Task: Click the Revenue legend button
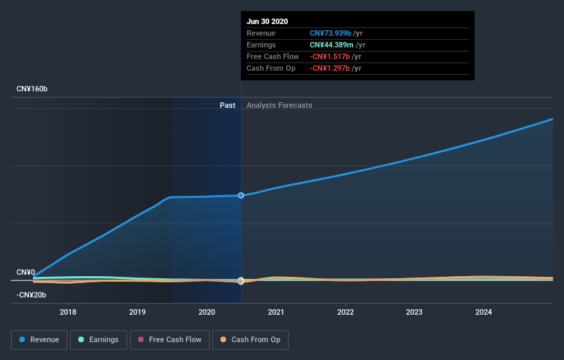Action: pyautogui.click(x=40, y=339)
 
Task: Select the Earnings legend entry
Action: pyautogui.click(x=98, y=339)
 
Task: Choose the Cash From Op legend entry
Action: pyautogui.click(x=251, y=339)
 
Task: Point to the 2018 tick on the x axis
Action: pyautogui.click(x=68, y=312)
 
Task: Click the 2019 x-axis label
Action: pyautogui.click(x=137, y=312)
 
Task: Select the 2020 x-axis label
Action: pyautogui.click(x=207, y=312)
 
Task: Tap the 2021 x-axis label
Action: pyautogui.click(x=276, y=312)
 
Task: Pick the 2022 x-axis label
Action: pyautogui.click(x=346, y=312)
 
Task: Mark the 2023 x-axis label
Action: pyautogui.click(x=414, y=312)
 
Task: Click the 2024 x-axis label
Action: pyautogui.click(x=484, y=312)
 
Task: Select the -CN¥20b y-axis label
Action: pyautogui.click(x=31, y=295)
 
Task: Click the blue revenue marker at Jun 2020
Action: pyautogui.click(x=241, y=196)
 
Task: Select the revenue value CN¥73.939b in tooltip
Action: pyautogui.click(x=330, y=34)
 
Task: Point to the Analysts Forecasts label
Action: pyautogui.click(x=279, y=106)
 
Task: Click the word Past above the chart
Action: pyautogui.click(x=227, y=106)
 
